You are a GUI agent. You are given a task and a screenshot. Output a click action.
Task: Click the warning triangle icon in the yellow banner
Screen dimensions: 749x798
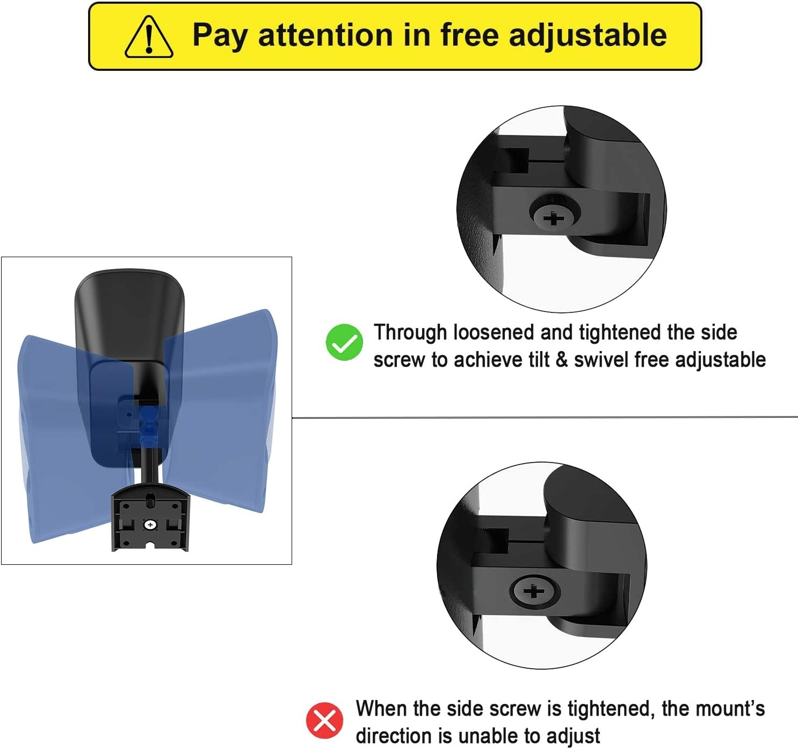tap(149, 37)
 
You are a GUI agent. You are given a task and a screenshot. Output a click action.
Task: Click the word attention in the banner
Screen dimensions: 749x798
tap(325, 35)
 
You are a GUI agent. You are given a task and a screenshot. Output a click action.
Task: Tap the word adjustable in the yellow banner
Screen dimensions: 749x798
tap(587, 35)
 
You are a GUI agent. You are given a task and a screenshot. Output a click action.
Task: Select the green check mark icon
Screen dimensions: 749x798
tap(344, 343)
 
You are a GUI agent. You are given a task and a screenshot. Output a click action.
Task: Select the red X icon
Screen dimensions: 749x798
tap(324, 720)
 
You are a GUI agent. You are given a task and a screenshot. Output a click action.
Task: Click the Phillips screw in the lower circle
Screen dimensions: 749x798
tap(534, 592)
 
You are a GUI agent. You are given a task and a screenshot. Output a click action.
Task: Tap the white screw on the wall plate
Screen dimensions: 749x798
tap(150, 525)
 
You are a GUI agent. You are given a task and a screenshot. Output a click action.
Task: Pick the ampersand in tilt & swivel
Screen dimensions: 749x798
tap(562, 360)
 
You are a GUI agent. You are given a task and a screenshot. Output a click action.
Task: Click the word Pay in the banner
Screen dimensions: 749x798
tap(220, 35)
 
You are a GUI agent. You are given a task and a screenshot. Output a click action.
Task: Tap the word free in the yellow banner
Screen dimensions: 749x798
tap(470, 35)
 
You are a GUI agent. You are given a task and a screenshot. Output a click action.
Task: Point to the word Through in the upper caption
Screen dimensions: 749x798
tap(410, 333)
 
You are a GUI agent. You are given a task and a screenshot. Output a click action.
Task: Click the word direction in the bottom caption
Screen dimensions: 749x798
tap(397, 736)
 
